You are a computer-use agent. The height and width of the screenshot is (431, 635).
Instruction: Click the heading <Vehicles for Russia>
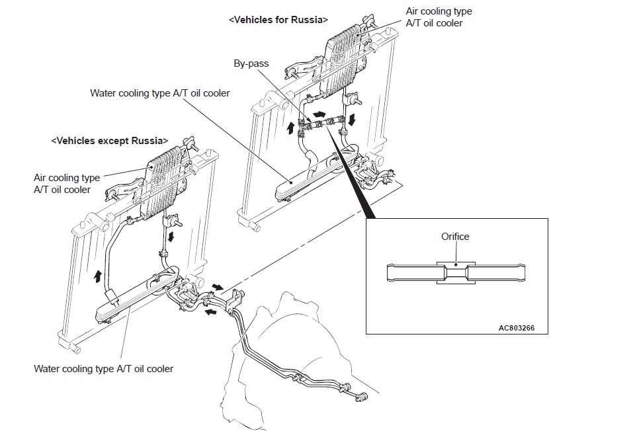click(x=278, y=20)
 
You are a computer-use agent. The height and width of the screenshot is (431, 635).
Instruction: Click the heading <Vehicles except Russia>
click(x=109, y=141)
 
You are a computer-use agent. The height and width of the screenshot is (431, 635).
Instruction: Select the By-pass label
click(x=251, y=64)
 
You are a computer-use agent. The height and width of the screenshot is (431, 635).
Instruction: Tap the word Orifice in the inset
click(x=455, y=237)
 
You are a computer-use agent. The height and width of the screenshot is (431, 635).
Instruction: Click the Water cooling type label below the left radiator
click(x=103, y=368)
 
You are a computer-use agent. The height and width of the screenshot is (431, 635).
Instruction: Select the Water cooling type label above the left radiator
click(x=160, y=93)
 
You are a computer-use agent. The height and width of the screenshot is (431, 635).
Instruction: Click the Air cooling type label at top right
click(x=439, y=17)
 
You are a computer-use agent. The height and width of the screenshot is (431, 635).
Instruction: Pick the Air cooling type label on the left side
click(x=66, y=184)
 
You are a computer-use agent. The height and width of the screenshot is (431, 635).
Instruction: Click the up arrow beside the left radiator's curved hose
click(x=99, y=276)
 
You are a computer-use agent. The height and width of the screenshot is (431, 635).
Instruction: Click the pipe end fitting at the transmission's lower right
click(x=362, y=397)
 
